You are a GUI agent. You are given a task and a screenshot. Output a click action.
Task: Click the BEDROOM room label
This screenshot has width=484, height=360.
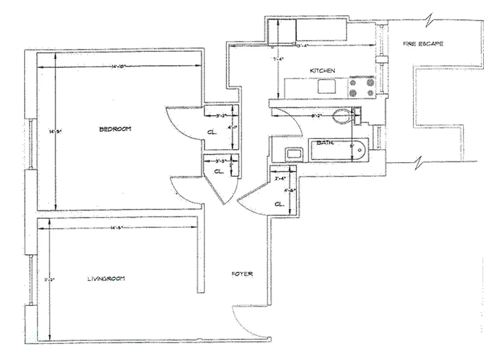point(115,129)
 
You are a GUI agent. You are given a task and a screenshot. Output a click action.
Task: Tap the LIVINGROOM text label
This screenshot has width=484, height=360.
point(106,279)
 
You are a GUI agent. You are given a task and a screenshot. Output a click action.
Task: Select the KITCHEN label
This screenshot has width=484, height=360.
point(323,71)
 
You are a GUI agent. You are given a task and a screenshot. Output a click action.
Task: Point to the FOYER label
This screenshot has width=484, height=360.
point(242,274)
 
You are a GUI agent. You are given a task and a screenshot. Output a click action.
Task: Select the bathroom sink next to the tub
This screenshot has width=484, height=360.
point(294,154)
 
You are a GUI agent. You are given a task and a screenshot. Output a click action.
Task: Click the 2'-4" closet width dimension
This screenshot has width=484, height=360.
point(280,179)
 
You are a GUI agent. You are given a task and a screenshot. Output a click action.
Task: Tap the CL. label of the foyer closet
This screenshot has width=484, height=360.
point(279,204)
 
